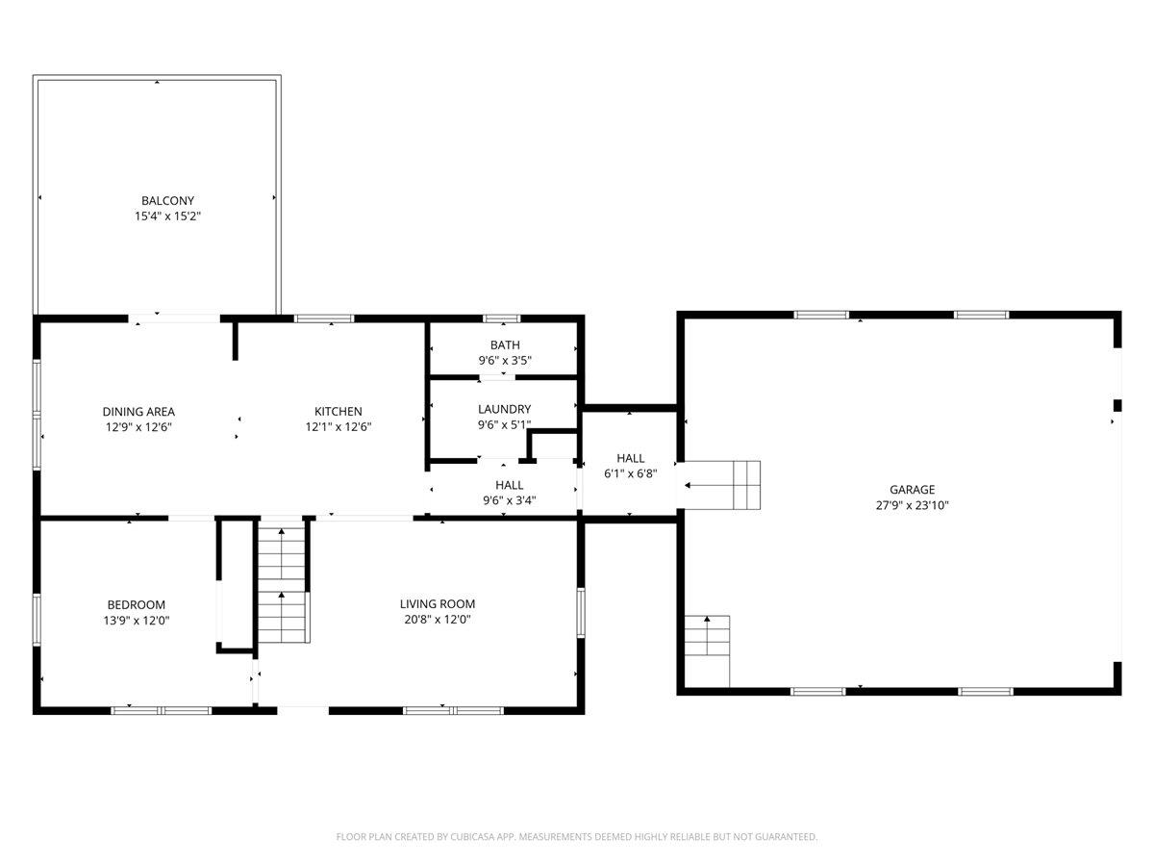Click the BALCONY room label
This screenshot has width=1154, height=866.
pyautogui.click(x=167, y=200)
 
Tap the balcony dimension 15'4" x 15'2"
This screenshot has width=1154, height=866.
pyautogui.click(x=167, y=216)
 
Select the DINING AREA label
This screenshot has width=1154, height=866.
pyautogui.click(x=138, y=412)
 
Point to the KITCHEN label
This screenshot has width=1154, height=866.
pyautogui.click(x=339, y=412)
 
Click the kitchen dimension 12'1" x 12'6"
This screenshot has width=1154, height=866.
pyautogui.click(x=339, y=426)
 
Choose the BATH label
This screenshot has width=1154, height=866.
pyautogui.click(x=505, y=345)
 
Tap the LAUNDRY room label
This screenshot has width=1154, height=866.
pyautogui.click(x=504, y=409)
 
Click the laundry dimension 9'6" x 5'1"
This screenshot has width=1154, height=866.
pyautogui.click(x=504, y=424)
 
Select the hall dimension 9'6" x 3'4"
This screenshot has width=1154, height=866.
pyautogui.click(x=509, y=499)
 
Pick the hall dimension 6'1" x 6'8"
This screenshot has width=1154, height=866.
pyautogui.click(x=630, y=473)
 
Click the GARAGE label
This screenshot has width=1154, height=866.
pyautogui.click(x=912, y=490)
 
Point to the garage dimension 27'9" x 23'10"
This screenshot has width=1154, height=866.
pyautogui.click(x=912, y=505)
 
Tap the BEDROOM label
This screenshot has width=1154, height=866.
pyautogui.click(x=136, y=604)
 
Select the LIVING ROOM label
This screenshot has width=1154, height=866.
pyautogui.click(x=438, y=604)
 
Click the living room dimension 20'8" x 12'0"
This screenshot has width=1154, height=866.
pyautogui.click(x=438, y=620)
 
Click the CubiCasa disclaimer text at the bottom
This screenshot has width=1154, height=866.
pyautogui.click(x=577, y=837)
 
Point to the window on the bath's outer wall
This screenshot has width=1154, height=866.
pyautogui.click(x=501, y=318)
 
